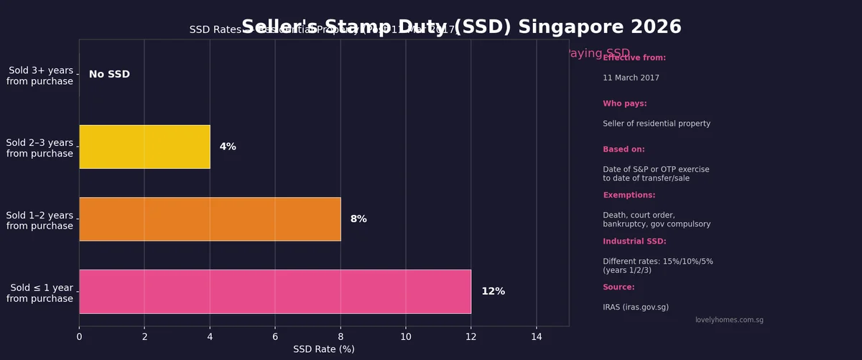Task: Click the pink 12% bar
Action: point(275,292)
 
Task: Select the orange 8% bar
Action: point(210,219)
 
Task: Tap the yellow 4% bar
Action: point(144,147)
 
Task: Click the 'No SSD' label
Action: point(109,75)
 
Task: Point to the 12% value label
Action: point(493,292)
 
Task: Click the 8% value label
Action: point(358,219)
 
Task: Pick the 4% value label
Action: point(228,147)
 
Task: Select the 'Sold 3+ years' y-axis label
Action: point(40,76)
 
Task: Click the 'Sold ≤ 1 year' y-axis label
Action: point(40,293)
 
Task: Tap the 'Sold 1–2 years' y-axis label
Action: point(40,221)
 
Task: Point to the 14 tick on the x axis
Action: point(536,336)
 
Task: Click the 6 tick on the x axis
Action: point(275,336)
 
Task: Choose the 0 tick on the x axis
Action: point(79,336)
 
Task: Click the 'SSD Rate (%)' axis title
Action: point(323,349)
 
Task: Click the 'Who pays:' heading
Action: point(624,103)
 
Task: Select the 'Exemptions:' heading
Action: point(629,195)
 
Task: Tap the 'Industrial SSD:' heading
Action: point(634,241)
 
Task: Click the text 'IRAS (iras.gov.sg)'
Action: point(635,308)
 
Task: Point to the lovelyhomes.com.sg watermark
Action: point(729,320)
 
